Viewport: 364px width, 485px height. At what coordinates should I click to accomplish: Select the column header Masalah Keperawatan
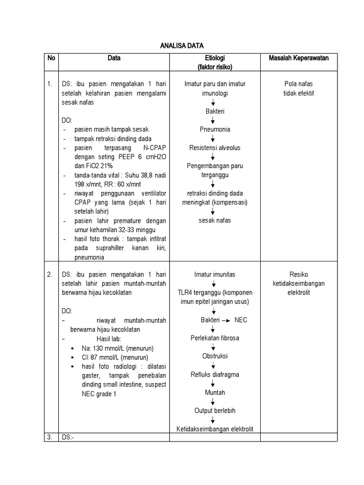click(299, 58)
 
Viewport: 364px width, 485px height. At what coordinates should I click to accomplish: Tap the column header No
click(51, 58)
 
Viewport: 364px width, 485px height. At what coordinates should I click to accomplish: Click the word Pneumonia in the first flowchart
click(215, 129)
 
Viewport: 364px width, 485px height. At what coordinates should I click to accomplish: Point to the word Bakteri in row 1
click(215, 111)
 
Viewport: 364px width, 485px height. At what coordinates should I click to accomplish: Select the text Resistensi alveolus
click(215, 148)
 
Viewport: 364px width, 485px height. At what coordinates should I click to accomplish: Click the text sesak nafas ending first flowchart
click(215, 220)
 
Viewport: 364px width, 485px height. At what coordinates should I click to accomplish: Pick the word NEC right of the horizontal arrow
click(240, 320)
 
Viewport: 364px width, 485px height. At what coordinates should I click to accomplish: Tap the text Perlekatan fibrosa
click(215, 338)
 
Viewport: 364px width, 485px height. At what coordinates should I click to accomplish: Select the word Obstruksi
click(215, 356)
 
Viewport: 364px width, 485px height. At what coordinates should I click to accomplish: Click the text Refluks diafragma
click(215, 374)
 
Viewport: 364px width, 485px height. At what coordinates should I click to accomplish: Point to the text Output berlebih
click(215, 411)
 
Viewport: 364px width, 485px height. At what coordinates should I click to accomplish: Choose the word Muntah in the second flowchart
click(215, 393)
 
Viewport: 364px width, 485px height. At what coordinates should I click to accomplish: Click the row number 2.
click(49, 275)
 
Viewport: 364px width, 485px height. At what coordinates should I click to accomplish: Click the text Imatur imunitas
click(215, 275)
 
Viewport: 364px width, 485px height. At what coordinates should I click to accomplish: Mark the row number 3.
click(49, 437)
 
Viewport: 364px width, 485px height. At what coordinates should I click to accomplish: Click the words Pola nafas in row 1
click(299, 84)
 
